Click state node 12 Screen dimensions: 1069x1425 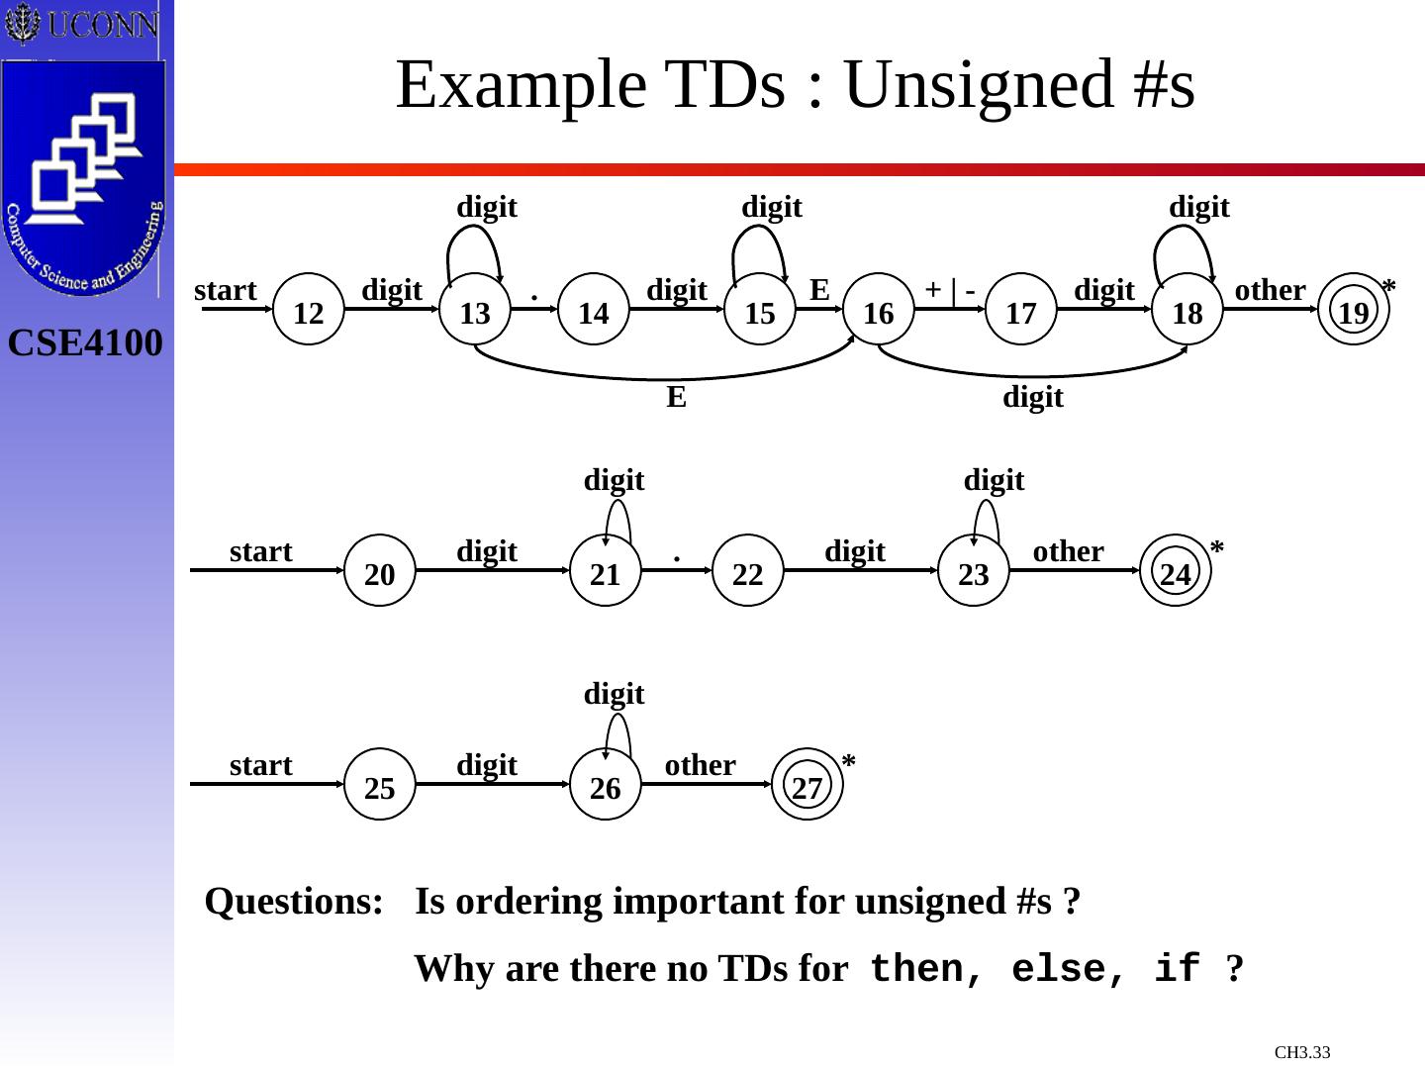(x=309, y=310)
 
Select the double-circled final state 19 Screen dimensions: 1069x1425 (x=1354, y=310)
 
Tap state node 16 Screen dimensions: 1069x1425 (x=878, y=310)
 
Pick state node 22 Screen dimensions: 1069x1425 (x=748, y=571)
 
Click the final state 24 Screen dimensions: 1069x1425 (x=1176, y=571)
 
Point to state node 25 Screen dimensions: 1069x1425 (x=380, y=785)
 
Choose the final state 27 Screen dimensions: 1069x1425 (x=807, y=785)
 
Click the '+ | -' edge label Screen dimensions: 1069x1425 (x=950, y=289)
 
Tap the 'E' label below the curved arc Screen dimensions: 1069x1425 (x=676, y=397)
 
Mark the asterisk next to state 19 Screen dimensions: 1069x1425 (x=1389, y=288)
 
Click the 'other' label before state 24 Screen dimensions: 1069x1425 (x=1068, y=551)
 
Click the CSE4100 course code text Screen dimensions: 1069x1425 (x=85, y=343)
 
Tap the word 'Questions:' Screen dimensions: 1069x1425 (x=294, y=902)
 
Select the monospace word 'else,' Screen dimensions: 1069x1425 (x=1070, y=968)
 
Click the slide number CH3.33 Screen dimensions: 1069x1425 (x=1302, y=1052)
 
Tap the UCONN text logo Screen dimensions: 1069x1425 (x=102, y=25)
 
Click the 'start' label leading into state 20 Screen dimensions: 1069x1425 (x=260, y=551)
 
